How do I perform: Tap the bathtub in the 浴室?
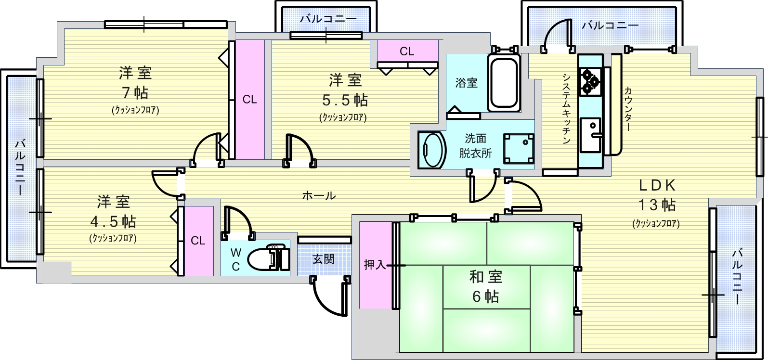click(x=504, y=83)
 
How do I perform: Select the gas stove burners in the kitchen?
click(x=590, y=80)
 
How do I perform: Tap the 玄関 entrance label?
click(x=324, y=259)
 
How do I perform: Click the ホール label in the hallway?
click(x=319, y=195)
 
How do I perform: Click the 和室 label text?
click(x=486, y=277)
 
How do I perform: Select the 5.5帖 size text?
click(x=344, y=100)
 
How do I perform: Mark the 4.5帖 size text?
click(x=113, y=221)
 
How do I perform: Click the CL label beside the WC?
click(x=198, y=241)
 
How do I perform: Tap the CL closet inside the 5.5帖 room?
click(x=407, y=51)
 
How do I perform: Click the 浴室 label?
click(x=467, y=83)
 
